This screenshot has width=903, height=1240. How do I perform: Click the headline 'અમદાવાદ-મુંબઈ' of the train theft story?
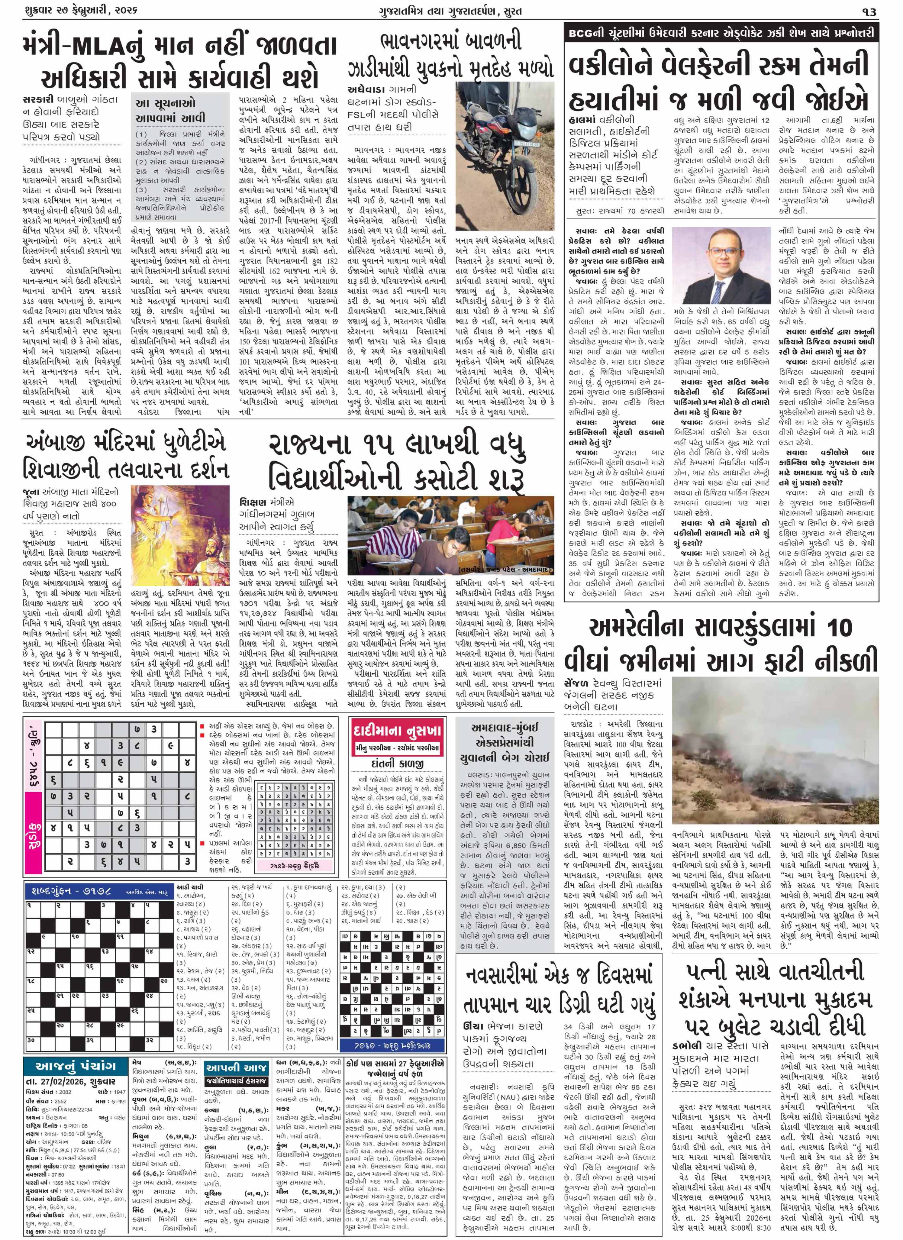[503, 728]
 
